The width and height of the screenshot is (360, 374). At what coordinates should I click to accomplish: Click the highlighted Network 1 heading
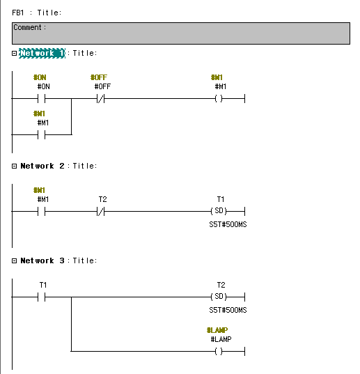tap(42, 53)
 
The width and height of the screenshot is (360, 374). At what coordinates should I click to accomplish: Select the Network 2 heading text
tap(42, 166)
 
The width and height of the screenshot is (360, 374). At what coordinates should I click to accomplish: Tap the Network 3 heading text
tap(42, 260)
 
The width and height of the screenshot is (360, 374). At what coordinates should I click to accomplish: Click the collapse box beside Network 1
tap(15, 53)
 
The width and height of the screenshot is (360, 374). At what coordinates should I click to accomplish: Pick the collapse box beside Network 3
tap(15, 260)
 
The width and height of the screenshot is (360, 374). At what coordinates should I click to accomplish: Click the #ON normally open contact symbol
tap(42, 98)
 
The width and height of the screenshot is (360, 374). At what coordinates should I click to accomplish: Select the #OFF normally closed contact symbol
tap(100, 98)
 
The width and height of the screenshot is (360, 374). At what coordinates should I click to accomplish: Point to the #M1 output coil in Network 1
tap(219, 98)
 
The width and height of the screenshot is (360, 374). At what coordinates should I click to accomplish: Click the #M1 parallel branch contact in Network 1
tap(42, 134)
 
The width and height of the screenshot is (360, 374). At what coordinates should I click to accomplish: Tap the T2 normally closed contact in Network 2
tap(100, 211)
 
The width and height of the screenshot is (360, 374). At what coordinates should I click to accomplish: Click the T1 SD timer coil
tap(219, 211)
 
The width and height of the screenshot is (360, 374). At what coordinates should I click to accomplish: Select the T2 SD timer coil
tap(219, 297)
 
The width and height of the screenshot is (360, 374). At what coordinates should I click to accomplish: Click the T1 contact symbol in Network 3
tap(42, 297)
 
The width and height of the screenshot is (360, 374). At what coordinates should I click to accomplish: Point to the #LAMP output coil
tap(219, 351)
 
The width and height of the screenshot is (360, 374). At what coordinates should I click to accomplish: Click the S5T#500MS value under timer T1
tap(228, 224)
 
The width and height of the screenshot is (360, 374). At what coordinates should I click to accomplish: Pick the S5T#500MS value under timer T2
tap(228, 310)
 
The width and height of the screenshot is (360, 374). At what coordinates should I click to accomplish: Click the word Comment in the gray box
tap(27, 27)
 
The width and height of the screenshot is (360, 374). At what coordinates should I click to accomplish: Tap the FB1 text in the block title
tap(18, 13)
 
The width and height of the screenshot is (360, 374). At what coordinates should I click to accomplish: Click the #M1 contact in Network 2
tap(42, 211)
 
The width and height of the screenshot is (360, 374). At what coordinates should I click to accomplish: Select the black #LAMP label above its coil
tap(221, 339)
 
